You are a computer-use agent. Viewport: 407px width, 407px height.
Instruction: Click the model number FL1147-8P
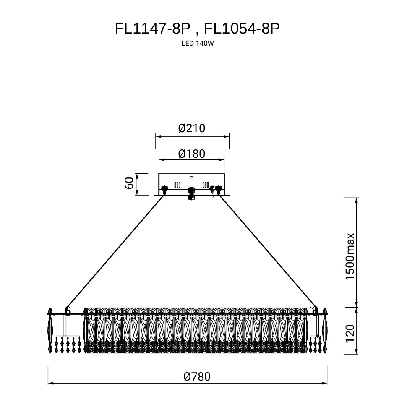[152, 29]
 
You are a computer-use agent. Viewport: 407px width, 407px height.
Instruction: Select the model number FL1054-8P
[241, 29]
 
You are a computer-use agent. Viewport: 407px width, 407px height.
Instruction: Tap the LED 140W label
[196, 43]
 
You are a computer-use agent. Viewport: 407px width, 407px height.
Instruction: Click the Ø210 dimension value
[192, 128]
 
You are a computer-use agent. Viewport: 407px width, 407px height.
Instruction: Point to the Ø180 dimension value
[192, 154]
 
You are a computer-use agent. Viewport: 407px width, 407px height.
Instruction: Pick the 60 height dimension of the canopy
[129, 183]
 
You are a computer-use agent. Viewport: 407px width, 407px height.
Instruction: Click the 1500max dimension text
[350, 257]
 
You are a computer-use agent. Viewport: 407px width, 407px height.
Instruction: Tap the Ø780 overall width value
[197, 376]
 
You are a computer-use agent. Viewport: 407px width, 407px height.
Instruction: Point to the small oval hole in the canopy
[191, 177]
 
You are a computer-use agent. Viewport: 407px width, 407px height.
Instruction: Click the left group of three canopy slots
[177, 184]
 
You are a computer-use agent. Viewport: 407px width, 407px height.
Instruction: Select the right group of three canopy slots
[206, 184]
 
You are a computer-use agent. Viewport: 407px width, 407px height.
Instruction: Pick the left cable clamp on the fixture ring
[67, 311]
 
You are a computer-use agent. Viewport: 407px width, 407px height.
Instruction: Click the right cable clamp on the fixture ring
[316, 311]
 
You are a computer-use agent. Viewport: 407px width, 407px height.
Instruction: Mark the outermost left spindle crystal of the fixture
[50, 330]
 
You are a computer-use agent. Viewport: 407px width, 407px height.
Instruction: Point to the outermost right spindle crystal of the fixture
[325, 330]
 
